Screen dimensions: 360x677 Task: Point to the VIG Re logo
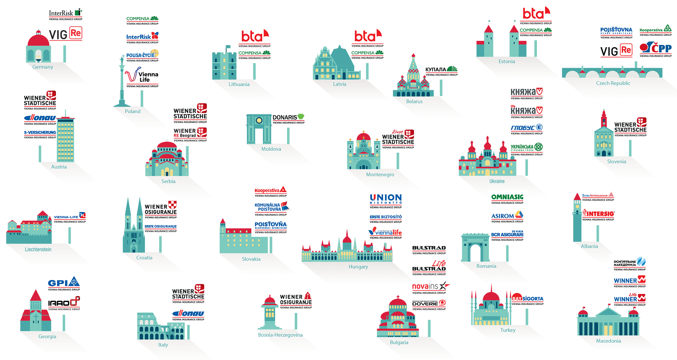(x=616, y=51)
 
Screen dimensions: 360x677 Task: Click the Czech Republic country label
(x=613, y=84)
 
